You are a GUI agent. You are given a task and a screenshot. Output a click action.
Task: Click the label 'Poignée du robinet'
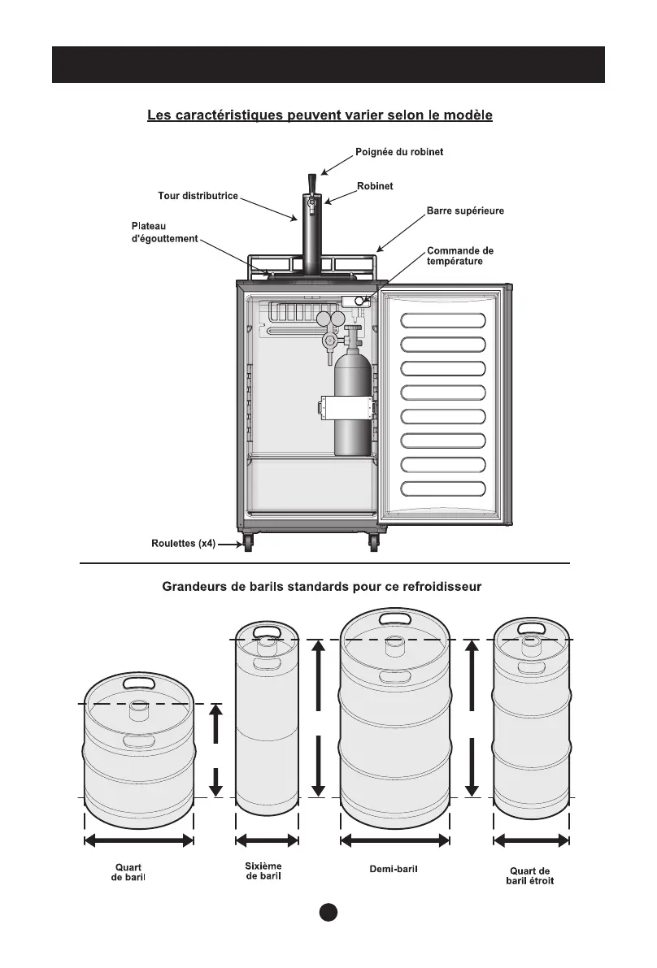(398, 152)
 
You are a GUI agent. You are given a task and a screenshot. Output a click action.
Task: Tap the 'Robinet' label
(375, 186)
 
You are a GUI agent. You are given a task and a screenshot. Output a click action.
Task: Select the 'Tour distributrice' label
(198, 196)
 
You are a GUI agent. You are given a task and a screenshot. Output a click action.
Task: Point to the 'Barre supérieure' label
(465, 211)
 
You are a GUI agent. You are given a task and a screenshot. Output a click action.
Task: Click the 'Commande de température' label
(459, 256)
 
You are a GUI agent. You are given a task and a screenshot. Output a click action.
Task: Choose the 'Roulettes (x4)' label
(183, 544)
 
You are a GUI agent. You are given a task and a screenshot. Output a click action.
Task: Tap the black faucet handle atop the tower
(311, 180)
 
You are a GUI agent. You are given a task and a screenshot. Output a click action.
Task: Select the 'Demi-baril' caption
(394, 869)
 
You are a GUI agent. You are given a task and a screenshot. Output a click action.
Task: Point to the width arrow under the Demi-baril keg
(394, 840)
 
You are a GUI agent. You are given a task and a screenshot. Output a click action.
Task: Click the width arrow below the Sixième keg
(266, 840)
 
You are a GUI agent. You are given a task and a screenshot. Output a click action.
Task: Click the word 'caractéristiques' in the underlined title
(234, 115)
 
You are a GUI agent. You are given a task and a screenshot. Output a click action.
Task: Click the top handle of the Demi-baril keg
(394, 618)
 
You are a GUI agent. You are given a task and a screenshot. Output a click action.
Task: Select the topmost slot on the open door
(442, 319)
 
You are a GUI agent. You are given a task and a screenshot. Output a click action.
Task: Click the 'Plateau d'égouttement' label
(165, 232)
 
